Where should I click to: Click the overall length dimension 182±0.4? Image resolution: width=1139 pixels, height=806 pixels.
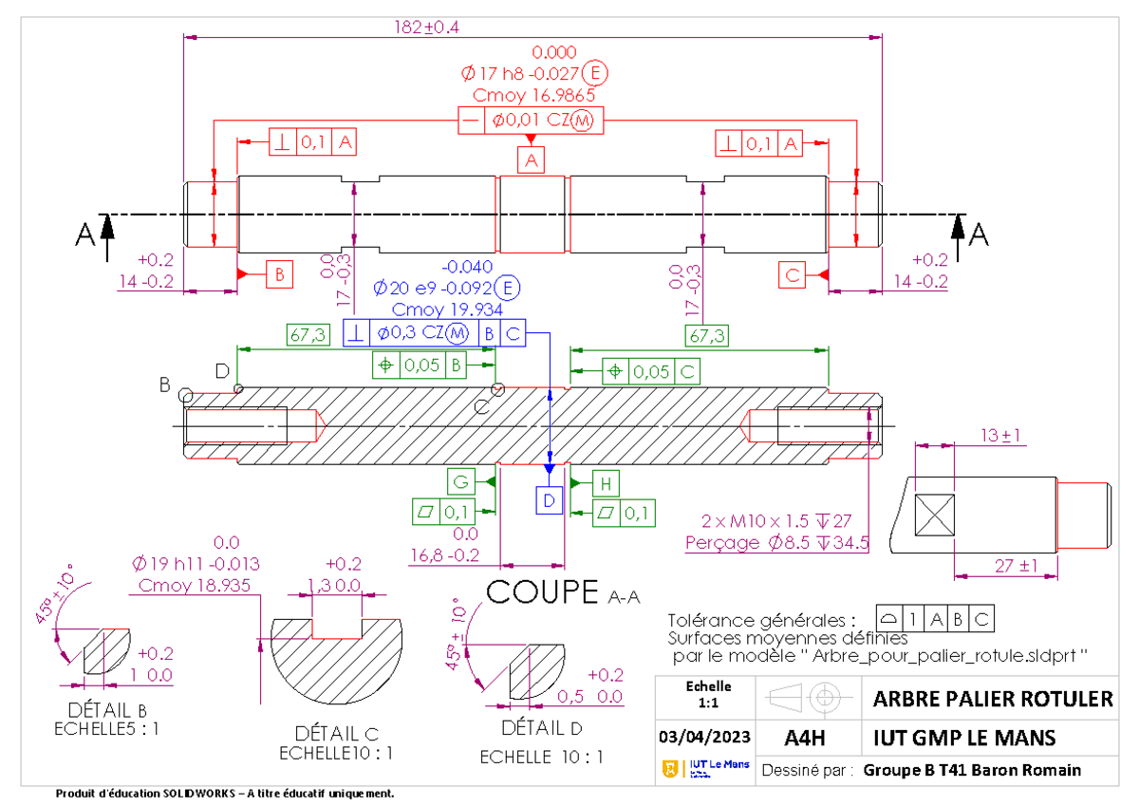coord(426,28)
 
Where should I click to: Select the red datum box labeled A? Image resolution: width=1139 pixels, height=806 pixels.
coord(532,160)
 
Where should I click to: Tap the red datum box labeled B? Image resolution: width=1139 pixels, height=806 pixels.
coord(279,273)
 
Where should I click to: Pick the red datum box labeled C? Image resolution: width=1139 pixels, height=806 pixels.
coord(793,273)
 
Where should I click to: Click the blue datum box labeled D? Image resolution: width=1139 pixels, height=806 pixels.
coord(550,499)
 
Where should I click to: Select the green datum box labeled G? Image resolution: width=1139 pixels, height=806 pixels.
coord(461,482)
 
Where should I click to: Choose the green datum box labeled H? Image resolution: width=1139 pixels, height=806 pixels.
coord(607,483)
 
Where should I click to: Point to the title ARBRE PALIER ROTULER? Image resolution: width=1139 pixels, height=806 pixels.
coord(992,700)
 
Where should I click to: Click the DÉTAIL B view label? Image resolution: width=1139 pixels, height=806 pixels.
coord(106,710)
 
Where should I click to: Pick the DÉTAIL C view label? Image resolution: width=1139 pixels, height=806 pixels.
coord(337,734)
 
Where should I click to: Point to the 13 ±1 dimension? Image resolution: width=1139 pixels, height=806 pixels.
coord(1000,435)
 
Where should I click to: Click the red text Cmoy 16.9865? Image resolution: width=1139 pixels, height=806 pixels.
coord(533,95)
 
